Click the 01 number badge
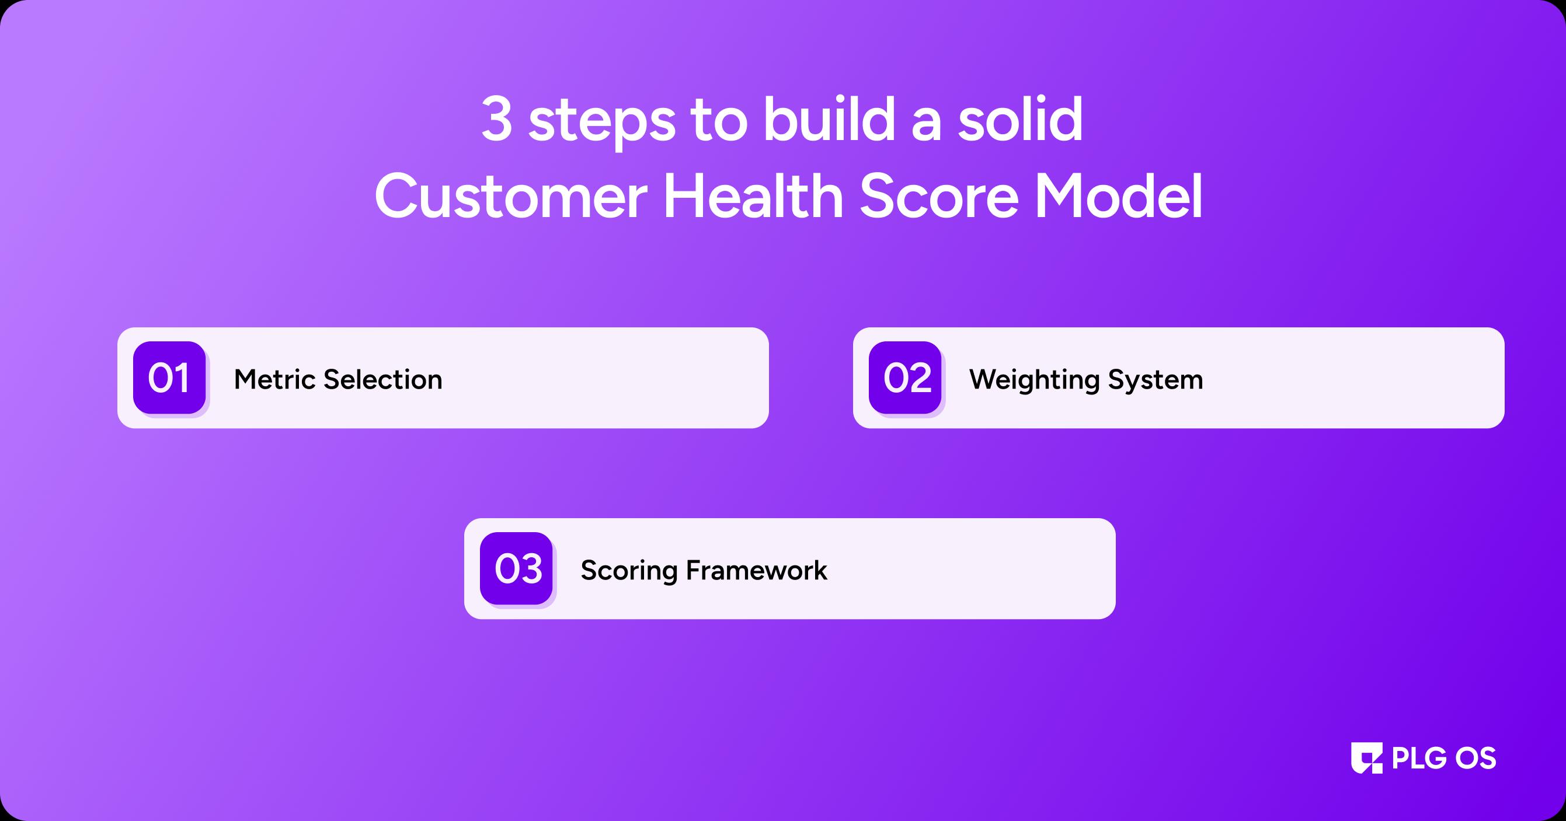tap(169, 378)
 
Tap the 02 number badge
tap(905, 378)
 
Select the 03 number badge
tap(516, 568)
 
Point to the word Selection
tap(383, 379)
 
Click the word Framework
tap(757, 570)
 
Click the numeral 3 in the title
tap(497, 119)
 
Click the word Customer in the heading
tap(511, 195)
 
